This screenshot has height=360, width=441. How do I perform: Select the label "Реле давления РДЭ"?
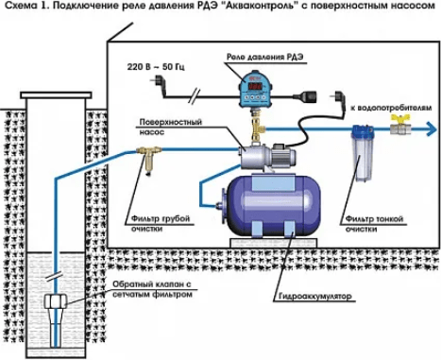pos(265,57)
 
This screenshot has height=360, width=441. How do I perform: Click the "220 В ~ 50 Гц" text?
pos(156,67)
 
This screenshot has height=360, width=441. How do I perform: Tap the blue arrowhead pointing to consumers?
pos(431,129)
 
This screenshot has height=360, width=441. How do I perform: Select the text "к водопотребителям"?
pos(391,108)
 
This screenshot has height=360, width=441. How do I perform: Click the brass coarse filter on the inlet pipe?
pos(149,159)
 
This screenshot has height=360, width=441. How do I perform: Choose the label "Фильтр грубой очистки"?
pos(161,223)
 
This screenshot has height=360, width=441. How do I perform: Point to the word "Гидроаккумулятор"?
pos(314,297)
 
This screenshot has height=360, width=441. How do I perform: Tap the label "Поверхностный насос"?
pos(170,127)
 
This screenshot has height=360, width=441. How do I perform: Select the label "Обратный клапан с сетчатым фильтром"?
pos(152,289)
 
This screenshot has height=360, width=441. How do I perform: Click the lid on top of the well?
pos(56,94)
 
